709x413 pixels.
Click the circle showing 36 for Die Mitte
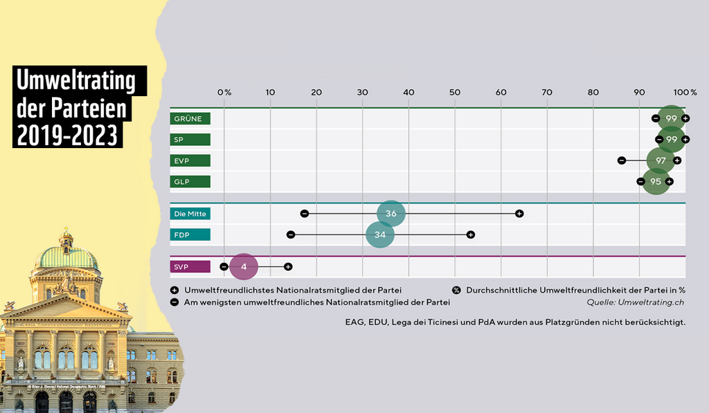click(391, 214)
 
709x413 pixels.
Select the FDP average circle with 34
click(379, 235)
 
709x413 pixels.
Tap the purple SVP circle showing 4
click(244, 266)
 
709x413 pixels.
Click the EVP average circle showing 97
click(661, 160)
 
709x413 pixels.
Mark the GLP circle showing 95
click(656, 182)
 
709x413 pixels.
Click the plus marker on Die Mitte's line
click(519, 213)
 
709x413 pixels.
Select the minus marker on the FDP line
click(291, 235)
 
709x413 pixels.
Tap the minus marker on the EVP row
click(622, 160)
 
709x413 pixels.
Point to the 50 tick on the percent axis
click(454, 92)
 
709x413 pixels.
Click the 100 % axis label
click(685, 92)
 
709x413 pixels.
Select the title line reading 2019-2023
click(68, 135)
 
